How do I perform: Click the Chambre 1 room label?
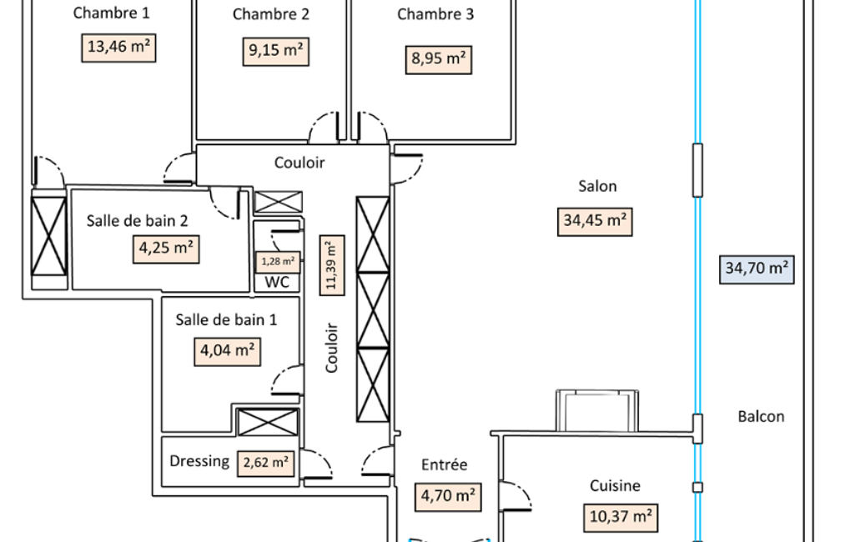(111, 13)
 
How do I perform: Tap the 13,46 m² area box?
(119, 48)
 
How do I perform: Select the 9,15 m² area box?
(276, 51)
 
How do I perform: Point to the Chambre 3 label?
(435, 14)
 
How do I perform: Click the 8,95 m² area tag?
(439, 59)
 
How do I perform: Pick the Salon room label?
(597, 186)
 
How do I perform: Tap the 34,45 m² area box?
(595, 221)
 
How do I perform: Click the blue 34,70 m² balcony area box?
(757, 269)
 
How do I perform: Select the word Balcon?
(762, 417)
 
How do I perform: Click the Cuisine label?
(615, 485)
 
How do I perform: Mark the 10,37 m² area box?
(621, 518)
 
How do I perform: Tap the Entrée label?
(445, 464)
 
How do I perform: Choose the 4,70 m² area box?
(448, 497)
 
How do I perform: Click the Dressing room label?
(199, 461)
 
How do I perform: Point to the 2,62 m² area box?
(266, 464)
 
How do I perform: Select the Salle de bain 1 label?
(226, 319)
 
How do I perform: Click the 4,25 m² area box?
(166, 249)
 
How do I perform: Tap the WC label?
(277, 282)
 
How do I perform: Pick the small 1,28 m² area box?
(278, 262)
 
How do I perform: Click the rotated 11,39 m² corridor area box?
(332, 265)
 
